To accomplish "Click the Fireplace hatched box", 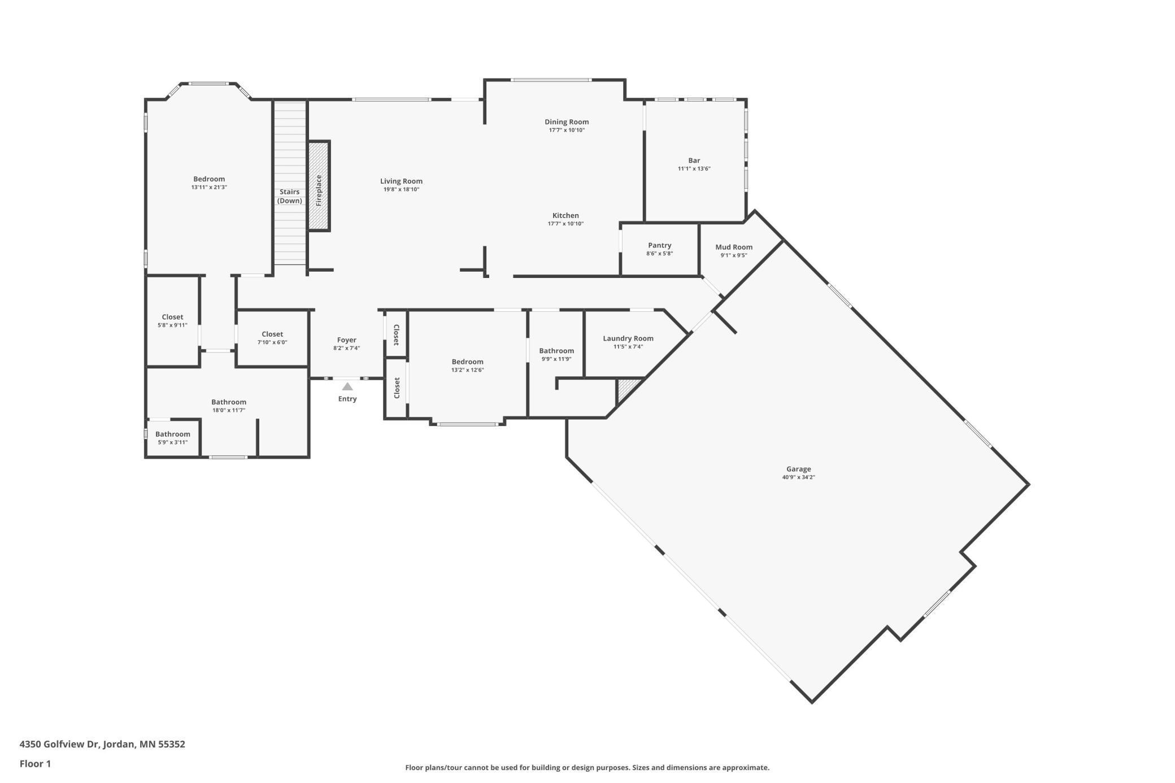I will click(x=319, y=186).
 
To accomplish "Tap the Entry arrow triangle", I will click(x=347, y=387).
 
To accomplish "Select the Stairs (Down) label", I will click(x=289, y=196).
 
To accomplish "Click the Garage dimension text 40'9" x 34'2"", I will click(x=798, y=477).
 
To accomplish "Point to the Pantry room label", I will click(x=659, y=245).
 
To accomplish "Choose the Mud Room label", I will click(x=733, y=247).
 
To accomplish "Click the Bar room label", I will click(x=694, y=160).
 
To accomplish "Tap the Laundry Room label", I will click(x=628, y=338).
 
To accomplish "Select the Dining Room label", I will click(x=566, y=121).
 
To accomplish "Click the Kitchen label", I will click(x=565, y=215).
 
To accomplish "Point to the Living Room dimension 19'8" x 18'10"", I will click(x=401, y=190).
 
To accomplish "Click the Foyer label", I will click(x=346, y=340).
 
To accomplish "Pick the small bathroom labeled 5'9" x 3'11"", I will click(x=172, y=438).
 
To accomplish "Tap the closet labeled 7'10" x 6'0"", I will click(x=272, y=338).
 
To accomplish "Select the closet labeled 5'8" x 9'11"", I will click(x=172, y=321).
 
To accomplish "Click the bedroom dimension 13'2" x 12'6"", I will click(x=467, y=371).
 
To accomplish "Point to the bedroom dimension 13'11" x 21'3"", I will click(x=209, y=188).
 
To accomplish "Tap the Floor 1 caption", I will click(x=35, y=764).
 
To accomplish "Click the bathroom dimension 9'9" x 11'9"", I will click(x=556, y=359).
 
